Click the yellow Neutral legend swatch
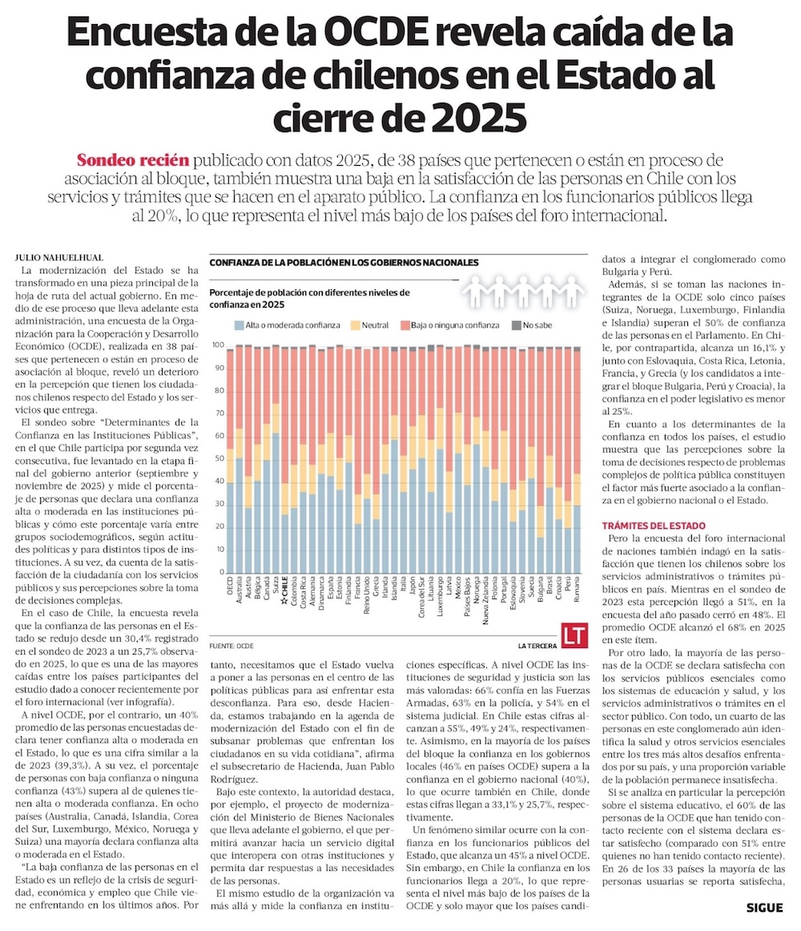pos(356,325)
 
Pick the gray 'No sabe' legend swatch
pos(517,325)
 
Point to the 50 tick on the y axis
pos(219,459)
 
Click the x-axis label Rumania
pos(577,590)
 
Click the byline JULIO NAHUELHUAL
pos(58,258)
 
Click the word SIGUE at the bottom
pos(765,908)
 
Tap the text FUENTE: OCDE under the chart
pos(231,646)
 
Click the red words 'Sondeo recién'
pos(133,160)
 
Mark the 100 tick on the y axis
pos(218,345)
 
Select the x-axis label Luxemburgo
pos(440,596)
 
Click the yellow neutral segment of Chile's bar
pos(285,498)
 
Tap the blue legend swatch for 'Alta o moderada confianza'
pos(239,325)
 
